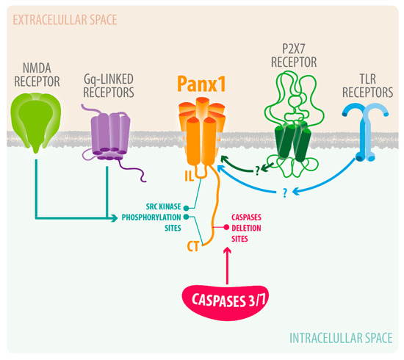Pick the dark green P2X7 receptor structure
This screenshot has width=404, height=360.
coord(290,147)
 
